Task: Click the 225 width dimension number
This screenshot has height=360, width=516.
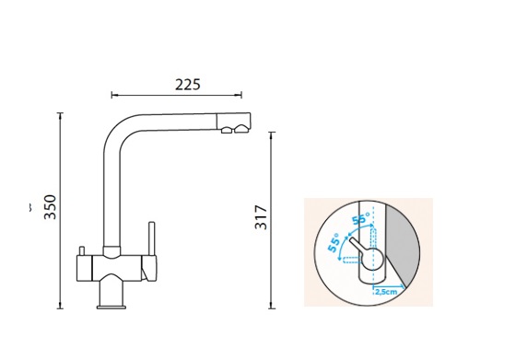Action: pos(188,85)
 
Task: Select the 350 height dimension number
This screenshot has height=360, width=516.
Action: pos(51,207)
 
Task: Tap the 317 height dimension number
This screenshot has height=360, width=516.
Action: pos(262,217)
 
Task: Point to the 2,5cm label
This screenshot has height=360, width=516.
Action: pos(386,292)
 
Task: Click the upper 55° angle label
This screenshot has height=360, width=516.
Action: pos(360,218)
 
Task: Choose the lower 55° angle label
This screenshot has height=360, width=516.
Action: pos(334,243)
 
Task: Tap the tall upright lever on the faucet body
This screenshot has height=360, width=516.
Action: pos(152,239)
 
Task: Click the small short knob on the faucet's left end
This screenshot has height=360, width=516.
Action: pos(82,250)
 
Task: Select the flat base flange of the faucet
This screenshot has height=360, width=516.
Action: pos(111,308)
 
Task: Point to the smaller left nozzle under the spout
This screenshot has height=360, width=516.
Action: pos(227,130)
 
